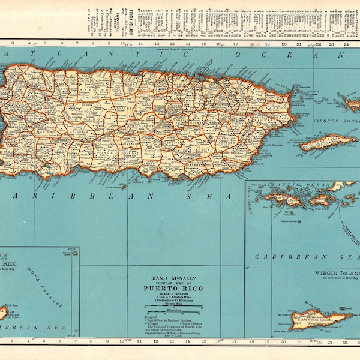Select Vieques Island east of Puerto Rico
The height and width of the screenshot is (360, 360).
327,143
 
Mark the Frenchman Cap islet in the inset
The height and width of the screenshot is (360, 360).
289,221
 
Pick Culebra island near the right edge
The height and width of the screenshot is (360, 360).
350,103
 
